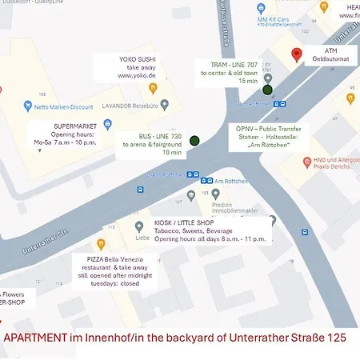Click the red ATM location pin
click(298, 54)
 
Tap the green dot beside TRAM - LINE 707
click(267, 90)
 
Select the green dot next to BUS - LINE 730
click(194, 141)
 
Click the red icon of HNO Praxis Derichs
click(306, 162)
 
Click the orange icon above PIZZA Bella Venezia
click(101, 243)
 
